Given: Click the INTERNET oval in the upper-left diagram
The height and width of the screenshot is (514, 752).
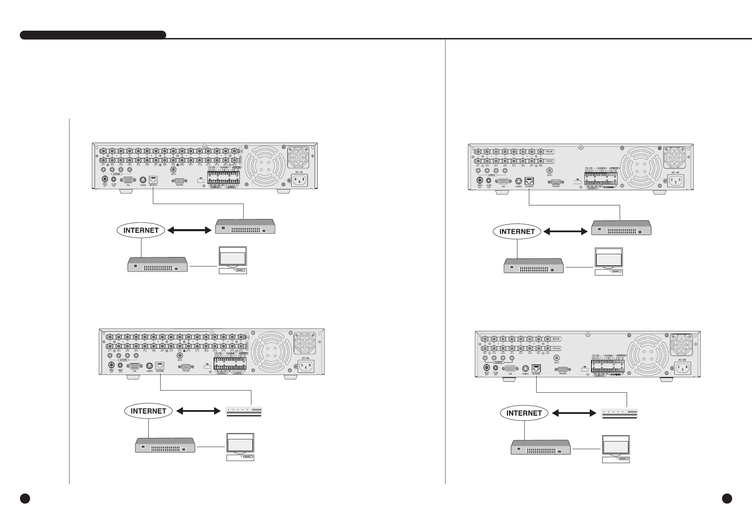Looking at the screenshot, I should (141, 230).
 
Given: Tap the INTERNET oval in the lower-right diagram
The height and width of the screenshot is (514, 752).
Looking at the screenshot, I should (524, 413).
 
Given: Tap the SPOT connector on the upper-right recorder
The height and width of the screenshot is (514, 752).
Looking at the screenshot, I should (550, 171).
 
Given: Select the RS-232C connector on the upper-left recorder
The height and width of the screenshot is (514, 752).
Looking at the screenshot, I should (179, 181).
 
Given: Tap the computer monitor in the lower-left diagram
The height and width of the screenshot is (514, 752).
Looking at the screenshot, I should (240, 444).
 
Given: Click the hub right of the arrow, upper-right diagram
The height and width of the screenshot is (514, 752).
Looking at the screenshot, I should (621, 228).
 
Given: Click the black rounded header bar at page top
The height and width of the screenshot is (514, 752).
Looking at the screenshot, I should (93, 35).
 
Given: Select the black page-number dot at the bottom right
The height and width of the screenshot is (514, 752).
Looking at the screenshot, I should (727, 498).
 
